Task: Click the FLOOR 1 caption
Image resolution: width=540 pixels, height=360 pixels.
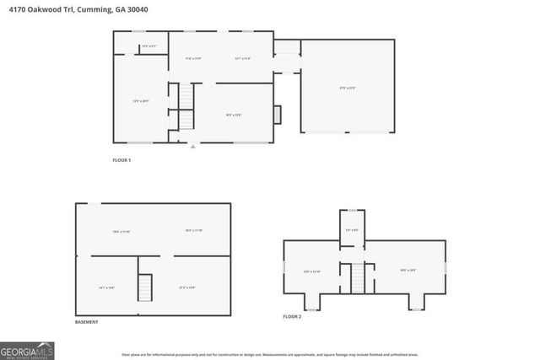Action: coord(121,160)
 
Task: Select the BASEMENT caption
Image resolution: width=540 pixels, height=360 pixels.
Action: coord(86,322)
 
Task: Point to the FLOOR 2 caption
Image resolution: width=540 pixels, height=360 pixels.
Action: coord(292,317)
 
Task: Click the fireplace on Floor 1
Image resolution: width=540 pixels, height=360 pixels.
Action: coord(278,115)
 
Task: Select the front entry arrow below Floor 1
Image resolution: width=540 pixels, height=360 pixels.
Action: coord(192,147)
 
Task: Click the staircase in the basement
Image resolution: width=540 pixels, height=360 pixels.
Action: coord(145,288)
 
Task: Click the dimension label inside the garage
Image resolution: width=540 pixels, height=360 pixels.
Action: coord(347,88)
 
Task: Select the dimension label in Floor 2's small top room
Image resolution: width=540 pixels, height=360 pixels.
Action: coord(352,229)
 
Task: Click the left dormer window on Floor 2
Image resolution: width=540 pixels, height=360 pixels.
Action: coord(311,303)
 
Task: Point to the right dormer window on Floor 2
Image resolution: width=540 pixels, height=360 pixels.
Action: coord(416,303)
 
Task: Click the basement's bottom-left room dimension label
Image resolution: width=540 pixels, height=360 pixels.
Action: coord(107,287)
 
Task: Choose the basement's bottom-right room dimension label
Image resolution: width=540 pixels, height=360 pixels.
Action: coord(187,287)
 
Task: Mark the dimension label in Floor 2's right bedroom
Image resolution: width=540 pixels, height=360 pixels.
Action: coord(408,271)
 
